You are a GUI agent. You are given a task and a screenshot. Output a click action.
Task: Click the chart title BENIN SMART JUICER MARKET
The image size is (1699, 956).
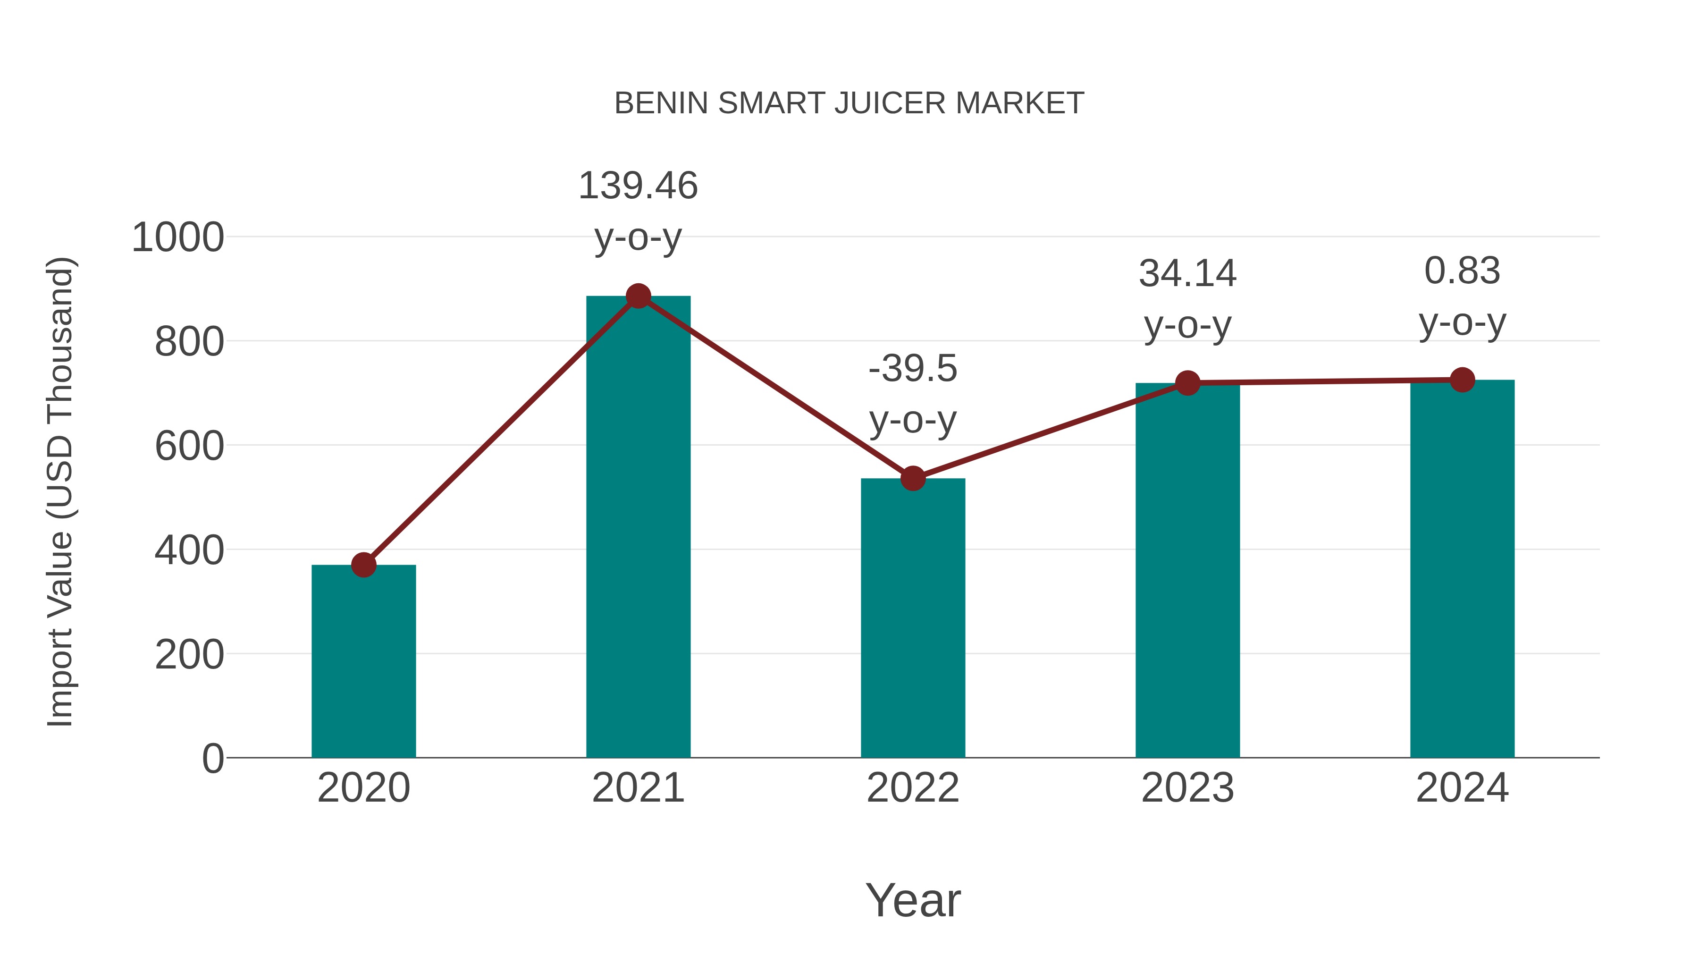[x=849, y=103]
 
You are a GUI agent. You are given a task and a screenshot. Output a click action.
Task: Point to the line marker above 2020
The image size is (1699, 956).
[x=363, y=565]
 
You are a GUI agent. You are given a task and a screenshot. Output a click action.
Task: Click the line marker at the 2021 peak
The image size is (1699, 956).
[x=638, y=296]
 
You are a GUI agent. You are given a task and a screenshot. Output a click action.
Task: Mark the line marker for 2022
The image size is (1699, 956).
[x=913, y=478]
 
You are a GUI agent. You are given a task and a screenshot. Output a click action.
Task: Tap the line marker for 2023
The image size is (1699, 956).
[x=1187, y=383]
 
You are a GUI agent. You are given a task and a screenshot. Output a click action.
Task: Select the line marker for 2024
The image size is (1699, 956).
[x=1462, y=380]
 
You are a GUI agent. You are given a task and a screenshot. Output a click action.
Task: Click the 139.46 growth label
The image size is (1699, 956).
[x=638, y=186]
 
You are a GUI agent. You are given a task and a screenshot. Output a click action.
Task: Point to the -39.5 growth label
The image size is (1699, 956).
[x=913, y=368]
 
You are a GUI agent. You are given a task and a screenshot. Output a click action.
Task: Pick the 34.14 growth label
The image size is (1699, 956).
[x=1187, y=273]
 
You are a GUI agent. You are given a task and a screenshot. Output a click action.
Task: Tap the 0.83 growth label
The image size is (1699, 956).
[x=1462, y=271]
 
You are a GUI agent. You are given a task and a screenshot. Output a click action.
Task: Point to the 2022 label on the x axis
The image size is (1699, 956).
[x=913, y=788]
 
